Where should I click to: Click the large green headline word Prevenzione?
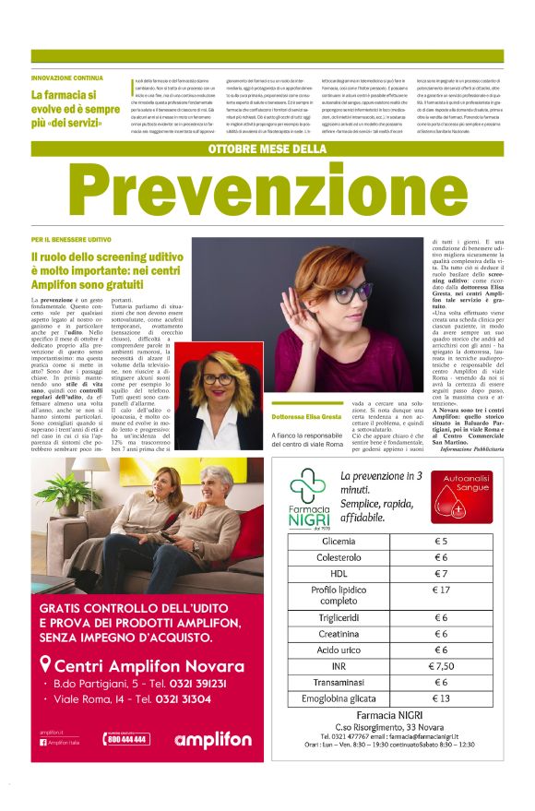[x=267, y=192]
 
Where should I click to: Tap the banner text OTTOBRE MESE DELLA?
[x=267, y=149]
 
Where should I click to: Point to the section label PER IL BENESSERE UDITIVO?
[x=72, y=240]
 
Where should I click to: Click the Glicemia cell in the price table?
[x=339, y=542]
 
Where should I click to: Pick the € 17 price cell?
[x=440, y=590]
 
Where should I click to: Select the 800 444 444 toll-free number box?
[x=127, y=738]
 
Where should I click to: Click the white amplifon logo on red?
[x=212, y=739]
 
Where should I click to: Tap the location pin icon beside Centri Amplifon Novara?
[x=45, y=664]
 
